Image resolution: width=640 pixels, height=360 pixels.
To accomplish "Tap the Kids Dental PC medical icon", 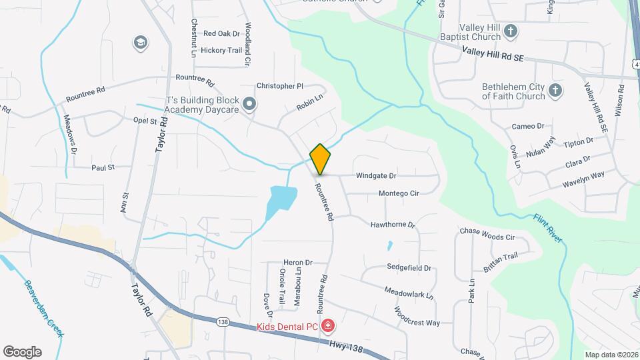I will (x=328, y=326).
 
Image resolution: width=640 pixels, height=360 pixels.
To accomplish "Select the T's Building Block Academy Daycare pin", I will (x=249, y=103).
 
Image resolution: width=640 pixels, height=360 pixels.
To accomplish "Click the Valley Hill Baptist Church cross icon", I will (x=511, y=31).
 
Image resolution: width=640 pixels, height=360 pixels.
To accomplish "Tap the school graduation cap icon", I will (x=140, y=43).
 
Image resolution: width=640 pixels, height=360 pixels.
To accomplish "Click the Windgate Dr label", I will (x=376, y=176).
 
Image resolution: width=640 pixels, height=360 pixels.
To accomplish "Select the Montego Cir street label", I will (x=399, y=193).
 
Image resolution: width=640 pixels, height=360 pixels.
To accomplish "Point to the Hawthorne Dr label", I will (x=393, y=225).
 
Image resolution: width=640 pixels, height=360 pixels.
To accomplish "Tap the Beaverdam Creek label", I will (x=44, y=307).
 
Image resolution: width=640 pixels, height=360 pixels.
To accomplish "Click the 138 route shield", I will (x=223, y=322).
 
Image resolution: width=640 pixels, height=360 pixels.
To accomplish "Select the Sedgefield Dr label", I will (x=409, y=267).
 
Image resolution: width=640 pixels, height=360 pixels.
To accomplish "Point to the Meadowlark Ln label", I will (x=409, y=292).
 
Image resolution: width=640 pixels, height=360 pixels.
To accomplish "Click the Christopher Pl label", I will (x=280, y=86).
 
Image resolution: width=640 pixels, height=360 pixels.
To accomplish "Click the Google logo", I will (x=22, y=351).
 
